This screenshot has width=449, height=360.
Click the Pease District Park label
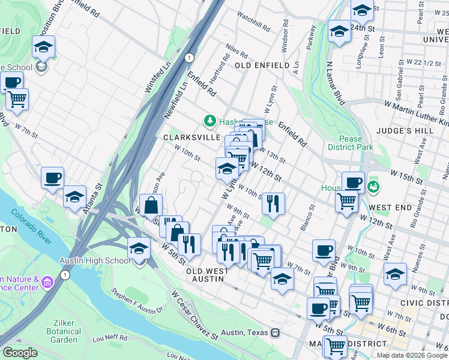point(351,143)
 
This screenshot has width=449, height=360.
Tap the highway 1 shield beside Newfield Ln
point(189,58)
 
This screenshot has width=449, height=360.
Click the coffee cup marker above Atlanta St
point(52,178)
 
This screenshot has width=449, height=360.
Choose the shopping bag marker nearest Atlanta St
point(151,205)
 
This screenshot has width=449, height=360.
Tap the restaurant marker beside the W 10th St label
point(273,203)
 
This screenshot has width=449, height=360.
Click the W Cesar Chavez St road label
point(195,317)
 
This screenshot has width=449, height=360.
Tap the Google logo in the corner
point(20,353)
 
